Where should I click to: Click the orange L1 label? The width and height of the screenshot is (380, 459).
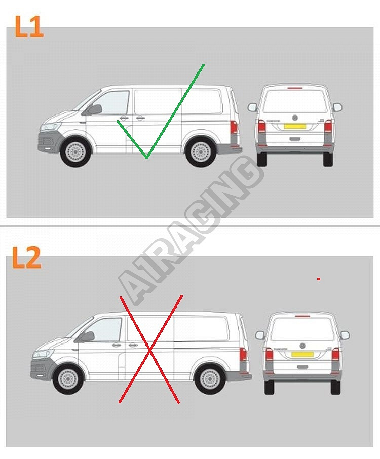coord(29,27)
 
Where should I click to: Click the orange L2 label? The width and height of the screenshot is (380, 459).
coord(26,257)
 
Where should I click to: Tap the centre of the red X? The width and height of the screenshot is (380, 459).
coord(150,350)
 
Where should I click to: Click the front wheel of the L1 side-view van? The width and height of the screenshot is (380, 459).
coord(75,152)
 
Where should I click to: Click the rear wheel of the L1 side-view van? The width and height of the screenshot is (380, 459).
coord(201,152)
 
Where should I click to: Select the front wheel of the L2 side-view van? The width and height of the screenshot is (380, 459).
coord(68,379)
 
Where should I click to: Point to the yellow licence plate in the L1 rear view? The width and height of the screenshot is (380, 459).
coord(295,126)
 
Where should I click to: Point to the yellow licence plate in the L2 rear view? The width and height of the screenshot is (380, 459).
coord(302,354)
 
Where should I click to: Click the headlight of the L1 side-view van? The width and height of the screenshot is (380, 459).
coord(50,127)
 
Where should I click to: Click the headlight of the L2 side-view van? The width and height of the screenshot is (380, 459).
coord(43,354)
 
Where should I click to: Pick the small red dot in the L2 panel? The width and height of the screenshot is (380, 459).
coord(319,279)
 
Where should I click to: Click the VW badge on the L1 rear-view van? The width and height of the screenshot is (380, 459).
coord(295,118)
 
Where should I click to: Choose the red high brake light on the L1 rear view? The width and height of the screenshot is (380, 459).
coord(295,88)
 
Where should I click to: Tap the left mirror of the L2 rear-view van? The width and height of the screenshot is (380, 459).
coord(260,335)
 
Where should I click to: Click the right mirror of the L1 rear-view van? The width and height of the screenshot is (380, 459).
coord(337,107)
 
